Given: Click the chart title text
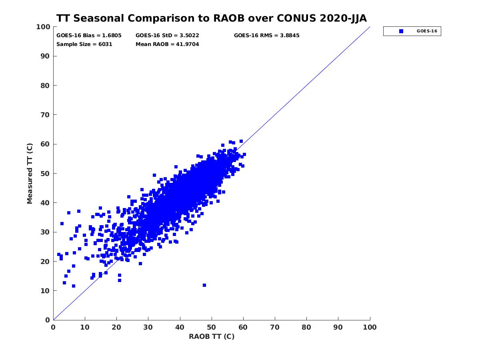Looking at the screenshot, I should (x=211, y=18).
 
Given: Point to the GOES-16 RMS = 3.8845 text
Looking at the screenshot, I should (x=266, y=35).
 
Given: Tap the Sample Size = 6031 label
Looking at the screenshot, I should (x=84, y=44).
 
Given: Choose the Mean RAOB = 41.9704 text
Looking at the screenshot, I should (x=167, y=44).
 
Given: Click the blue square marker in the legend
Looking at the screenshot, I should (x=401, y=31).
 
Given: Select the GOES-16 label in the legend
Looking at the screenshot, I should (x=427, y=31).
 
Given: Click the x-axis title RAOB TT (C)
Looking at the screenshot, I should (x=211, y=336).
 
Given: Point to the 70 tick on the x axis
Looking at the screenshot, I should (x=275, y=327).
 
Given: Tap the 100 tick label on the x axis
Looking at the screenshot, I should (x=370, y=327).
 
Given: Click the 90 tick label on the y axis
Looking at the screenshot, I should (x=45, y=56).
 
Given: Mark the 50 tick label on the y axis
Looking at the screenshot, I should (x=45, y=173).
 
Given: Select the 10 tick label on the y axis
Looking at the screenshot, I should (x=45, y=290).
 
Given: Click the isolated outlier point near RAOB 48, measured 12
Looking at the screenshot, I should (x=204, y=285).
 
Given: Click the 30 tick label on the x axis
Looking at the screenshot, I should (x=148, y=327).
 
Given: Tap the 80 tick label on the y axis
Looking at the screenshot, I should (x=45, y=86).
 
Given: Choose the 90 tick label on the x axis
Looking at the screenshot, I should (x=338, y=327).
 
